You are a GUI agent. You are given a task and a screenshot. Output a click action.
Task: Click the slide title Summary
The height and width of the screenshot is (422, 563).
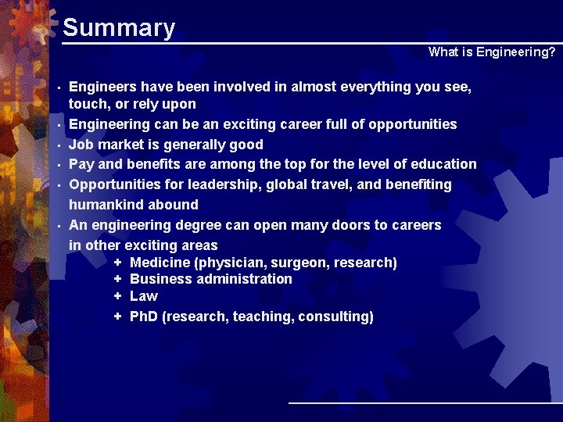click(118, 28)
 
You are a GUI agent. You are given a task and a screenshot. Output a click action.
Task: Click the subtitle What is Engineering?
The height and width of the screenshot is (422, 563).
click(492, 52)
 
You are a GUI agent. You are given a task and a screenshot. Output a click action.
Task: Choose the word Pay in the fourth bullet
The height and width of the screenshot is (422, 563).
click(81, 164)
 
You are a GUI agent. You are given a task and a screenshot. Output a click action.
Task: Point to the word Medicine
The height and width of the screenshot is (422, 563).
click(159, 263)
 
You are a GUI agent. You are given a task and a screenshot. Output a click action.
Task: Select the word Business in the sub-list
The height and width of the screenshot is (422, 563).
click(159, 279)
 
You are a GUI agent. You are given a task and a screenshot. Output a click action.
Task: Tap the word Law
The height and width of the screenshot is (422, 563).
click(143, 296)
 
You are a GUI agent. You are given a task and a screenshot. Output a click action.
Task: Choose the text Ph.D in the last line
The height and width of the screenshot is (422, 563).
click(143, 316)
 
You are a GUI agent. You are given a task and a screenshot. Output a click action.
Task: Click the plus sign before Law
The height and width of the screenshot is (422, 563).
click(117, 296)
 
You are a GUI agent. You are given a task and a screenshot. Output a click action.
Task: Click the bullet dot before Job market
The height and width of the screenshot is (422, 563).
click(59, 145)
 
